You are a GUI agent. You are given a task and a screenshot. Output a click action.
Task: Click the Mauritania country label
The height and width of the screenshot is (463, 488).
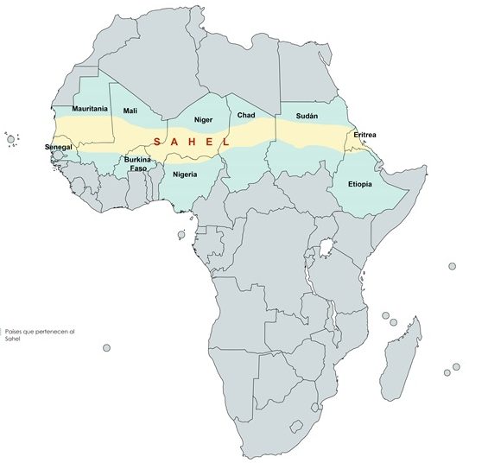[90, 110]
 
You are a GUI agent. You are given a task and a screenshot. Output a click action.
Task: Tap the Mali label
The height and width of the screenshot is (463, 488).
[130, 111]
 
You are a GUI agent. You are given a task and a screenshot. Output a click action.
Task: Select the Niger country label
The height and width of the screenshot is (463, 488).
[203, 119]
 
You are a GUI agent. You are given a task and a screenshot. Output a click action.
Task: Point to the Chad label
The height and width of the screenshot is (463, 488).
[246, 115]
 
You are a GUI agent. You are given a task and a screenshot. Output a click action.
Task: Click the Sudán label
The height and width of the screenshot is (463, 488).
[307, 116]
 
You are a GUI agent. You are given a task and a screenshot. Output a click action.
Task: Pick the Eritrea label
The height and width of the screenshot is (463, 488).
[364, 135]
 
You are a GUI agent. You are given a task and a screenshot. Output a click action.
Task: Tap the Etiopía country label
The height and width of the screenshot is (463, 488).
[361, 185]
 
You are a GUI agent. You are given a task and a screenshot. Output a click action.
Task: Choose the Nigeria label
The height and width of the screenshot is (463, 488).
[185, 174]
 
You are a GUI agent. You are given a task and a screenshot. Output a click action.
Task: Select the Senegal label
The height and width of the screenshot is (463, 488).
[60, 148]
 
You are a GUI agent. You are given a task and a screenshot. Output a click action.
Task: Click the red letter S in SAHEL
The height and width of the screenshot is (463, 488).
[155, 142]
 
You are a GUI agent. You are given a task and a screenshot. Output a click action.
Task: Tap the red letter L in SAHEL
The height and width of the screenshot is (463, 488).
[225, 142]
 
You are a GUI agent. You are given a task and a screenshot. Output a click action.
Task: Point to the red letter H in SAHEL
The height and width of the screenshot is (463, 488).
[191, 142]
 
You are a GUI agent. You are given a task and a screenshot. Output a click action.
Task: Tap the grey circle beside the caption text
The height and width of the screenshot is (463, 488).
[106, 348]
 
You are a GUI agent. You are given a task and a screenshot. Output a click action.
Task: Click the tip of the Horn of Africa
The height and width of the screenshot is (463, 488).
[426, 170]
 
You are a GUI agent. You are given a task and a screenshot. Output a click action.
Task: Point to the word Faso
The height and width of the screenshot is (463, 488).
[137, 168]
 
